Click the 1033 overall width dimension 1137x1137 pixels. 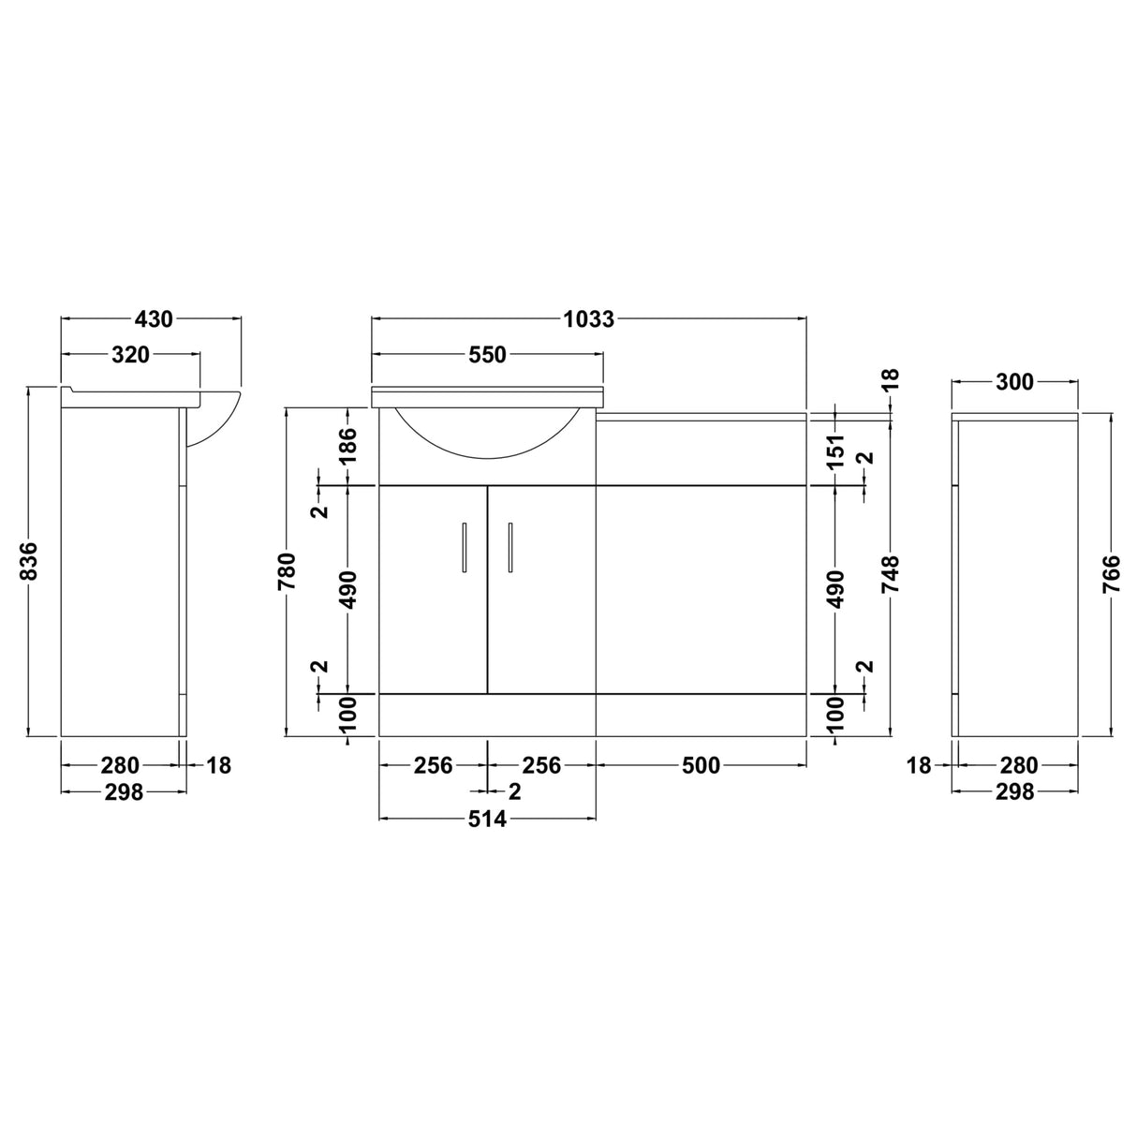[x=588, y=319]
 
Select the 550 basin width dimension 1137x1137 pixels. [x=487, y=355]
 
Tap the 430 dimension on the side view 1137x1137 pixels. [x=154, y=319]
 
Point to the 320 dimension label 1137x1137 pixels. [x=130, y=355]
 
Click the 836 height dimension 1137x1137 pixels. [x=29, y=561]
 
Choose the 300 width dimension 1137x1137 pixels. [x=1014, y=382]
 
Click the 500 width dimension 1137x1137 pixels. [x=701, y=765]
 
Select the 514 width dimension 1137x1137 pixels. [x=487, y=820]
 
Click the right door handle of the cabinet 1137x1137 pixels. [x=510, y=546]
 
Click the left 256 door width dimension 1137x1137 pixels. [x=433, y=765]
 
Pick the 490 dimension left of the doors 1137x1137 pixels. [x=347, y=589]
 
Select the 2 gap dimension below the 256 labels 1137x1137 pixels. [x=513, y=791]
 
